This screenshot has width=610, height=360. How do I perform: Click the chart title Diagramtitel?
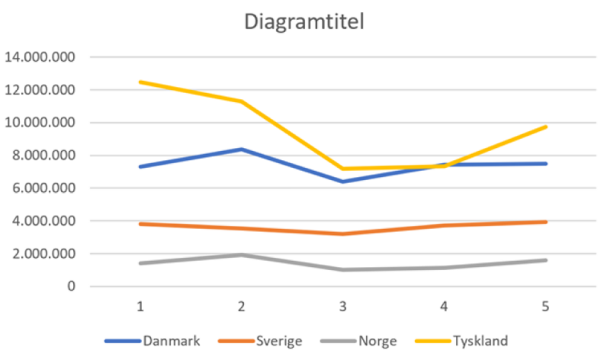tap(304, 22)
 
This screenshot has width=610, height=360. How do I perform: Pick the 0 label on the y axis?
tap(70, 287)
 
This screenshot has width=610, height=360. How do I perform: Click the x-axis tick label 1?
tap(140, 307)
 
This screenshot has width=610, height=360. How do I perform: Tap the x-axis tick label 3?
tap(343, 307)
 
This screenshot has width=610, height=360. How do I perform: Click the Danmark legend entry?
tap(172, 341)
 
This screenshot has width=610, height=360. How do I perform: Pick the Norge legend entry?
tap(380, 341)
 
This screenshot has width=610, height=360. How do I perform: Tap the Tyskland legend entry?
tap(480, 341)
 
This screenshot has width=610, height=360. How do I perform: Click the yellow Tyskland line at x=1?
tap(140, 82)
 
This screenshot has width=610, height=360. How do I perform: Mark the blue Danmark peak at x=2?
tap(242, 149)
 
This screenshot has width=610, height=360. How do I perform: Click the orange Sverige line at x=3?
tap(343, 233)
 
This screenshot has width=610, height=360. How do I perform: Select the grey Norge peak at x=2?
tap(242, 255)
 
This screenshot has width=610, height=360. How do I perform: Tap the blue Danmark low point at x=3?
tap(343, 182)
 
